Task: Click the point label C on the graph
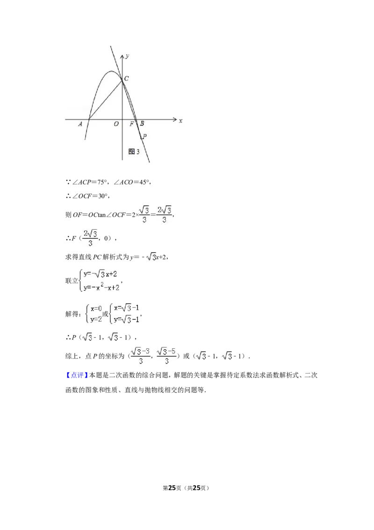tap(126, 78)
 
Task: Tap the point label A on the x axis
tap(80, 124)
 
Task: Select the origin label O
tap(116, 124)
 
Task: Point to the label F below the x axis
tap(132, 124)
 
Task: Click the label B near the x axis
tap(142, 124)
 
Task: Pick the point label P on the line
tap(144, 136)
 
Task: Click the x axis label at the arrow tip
tap(180, 121)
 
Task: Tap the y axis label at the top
tap(127, 56)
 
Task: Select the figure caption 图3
tap(134, 151)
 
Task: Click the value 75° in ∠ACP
tap(102, 182)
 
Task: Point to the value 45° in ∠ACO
tap(144, 182)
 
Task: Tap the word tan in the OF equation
tap(101, 214)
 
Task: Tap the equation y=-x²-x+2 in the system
tap(101, 287)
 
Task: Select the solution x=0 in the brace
tap(96, 309)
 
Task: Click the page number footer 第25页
tap(172, 488)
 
